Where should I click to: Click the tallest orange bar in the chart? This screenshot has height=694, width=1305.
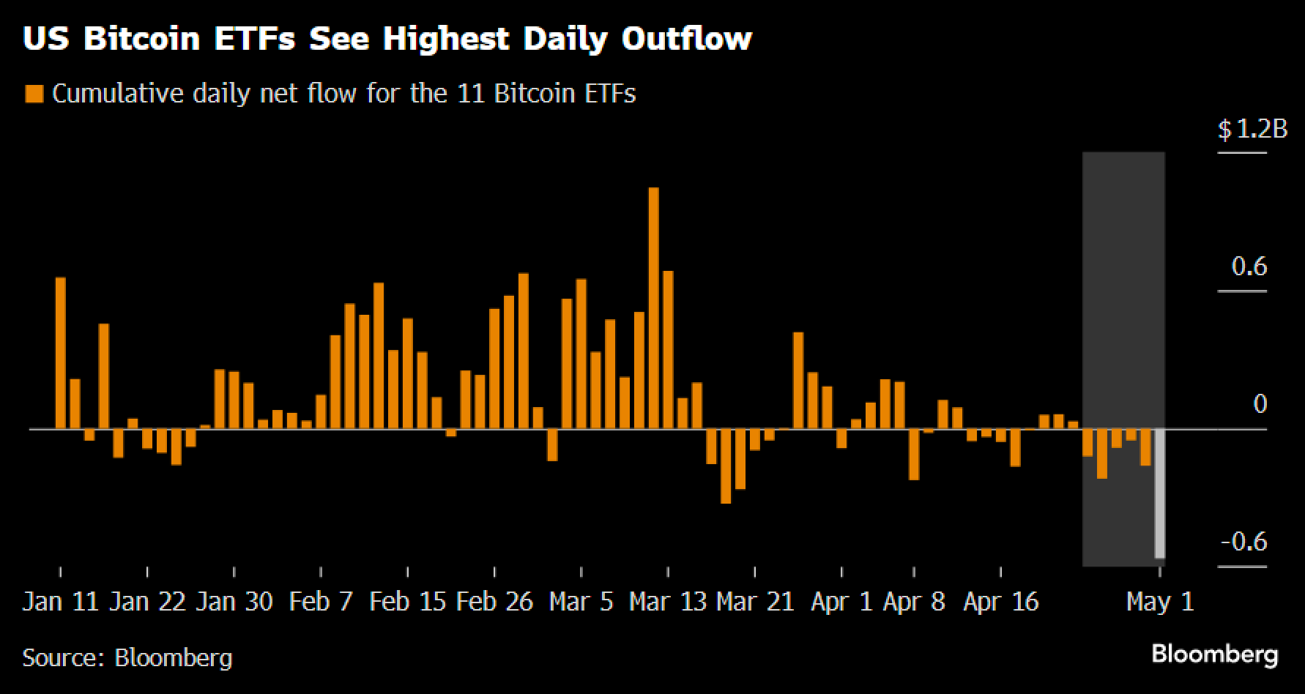click(654, 307)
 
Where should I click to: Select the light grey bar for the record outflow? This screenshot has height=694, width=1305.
click(1160, 493)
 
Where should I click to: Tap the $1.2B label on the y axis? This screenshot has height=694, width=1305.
click(1252, 130)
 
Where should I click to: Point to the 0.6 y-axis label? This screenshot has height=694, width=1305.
click(1249, 266)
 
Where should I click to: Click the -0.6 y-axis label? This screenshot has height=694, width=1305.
click(1244, 542)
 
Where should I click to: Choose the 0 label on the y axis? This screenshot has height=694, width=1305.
click(1260, 404)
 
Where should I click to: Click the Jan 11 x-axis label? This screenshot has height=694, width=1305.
click(60, 602)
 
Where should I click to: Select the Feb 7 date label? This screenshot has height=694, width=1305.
click(321, 602)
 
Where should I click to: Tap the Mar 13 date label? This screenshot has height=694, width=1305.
click(668, 602)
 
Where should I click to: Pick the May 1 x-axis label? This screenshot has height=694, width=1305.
click(1160, 602)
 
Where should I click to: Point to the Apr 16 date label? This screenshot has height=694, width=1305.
click(1001, 602)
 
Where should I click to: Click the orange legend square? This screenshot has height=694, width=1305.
click(34, 94)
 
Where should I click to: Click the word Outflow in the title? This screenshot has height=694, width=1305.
click(687, 38)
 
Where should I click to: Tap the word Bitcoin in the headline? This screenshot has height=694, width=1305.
click(141, 38)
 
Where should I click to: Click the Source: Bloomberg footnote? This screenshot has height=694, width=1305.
click(127, 657)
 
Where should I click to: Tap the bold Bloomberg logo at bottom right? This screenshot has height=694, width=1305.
click(1215, 654)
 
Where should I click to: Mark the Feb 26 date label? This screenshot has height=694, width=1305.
click(494, 602)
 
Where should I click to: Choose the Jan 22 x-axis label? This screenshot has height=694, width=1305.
click(147, 602)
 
